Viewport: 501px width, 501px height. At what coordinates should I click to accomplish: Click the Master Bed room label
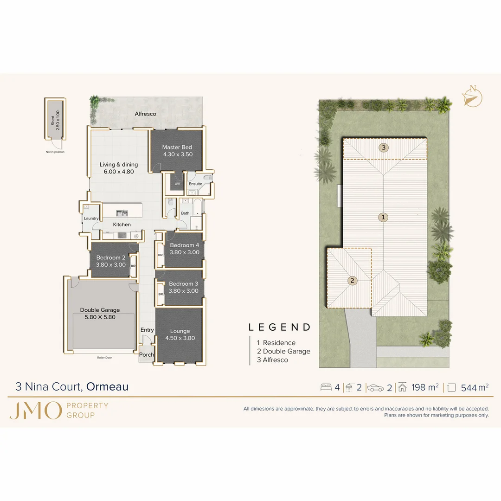point(177,148)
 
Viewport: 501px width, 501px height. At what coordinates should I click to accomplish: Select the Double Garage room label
point(100,310)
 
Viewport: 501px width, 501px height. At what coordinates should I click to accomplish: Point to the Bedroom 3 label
point(183,284)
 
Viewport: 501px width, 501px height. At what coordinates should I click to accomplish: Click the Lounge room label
point(180,331)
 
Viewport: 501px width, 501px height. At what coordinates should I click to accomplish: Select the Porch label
point(147,355)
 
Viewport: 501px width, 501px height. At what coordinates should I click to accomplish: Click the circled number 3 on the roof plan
point(383,148)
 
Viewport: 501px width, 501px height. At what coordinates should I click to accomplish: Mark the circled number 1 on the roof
point(383,217)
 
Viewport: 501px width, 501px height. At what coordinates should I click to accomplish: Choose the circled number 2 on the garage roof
point(353,281)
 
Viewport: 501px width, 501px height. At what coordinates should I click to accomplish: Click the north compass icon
point(472,97)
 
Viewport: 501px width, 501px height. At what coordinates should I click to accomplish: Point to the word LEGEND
point(280,327)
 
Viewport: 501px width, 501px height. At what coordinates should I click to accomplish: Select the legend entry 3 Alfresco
point(272,360)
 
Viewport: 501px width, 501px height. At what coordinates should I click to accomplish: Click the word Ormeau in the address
point(108,386)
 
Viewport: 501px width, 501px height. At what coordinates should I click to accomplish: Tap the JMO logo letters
point(35,410)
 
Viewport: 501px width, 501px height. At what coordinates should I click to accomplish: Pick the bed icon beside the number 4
point(326,387)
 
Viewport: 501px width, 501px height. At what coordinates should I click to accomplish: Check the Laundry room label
point(91,218)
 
